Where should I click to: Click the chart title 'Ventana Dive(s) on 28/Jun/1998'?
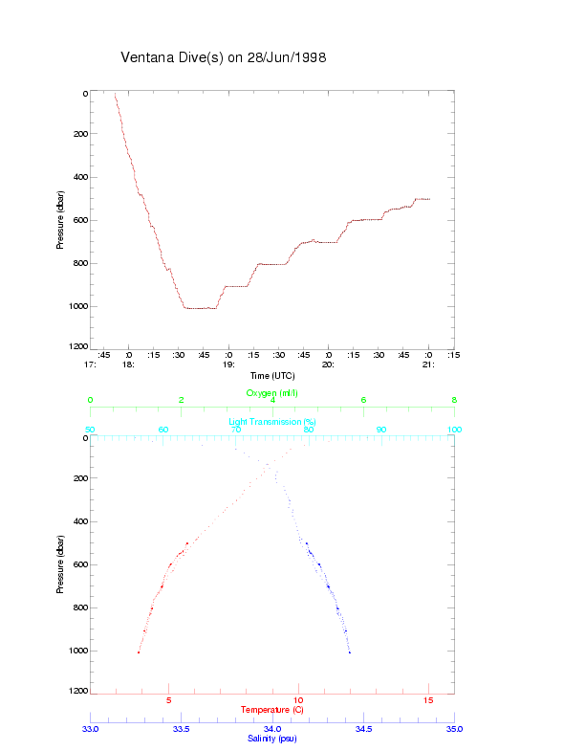tap(224, 57)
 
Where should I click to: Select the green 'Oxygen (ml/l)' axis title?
tap(272, 392)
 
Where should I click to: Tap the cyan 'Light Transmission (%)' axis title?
tap(272, 421)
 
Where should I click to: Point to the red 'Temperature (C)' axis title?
tap(272, 709)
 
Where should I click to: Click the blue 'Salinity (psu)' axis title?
tap(272, 738)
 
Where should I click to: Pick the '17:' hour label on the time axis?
tap(91, 364)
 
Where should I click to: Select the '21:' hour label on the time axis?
tap(429, 364)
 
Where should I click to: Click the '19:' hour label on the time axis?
tap(228, 364)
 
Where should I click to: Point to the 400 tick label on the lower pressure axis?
tap(80, 522)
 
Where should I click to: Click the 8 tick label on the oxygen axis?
tap(453, 400)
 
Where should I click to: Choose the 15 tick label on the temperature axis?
tap(428, 700)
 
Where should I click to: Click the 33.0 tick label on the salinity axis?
tap(91, 729)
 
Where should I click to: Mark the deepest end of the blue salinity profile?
tap(350, 652)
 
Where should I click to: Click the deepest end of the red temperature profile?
tap(139, 652)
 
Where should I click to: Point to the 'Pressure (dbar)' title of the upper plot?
tap(60, 220)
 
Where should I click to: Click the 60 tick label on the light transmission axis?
tap(163, 430)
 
